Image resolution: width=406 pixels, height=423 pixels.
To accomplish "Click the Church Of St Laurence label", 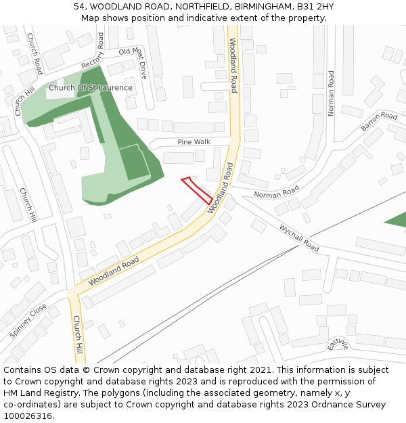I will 90,88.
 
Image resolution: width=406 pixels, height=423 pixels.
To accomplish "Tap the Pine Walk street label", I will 194,141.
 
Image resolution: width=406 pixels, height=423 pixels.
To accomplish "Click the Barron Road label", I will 379,121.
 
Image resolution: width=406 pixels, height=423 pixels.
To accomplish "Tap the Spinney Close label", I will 28,321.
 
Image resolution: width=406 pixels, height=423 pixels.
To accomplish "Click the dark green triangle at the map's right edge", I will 398,220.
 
